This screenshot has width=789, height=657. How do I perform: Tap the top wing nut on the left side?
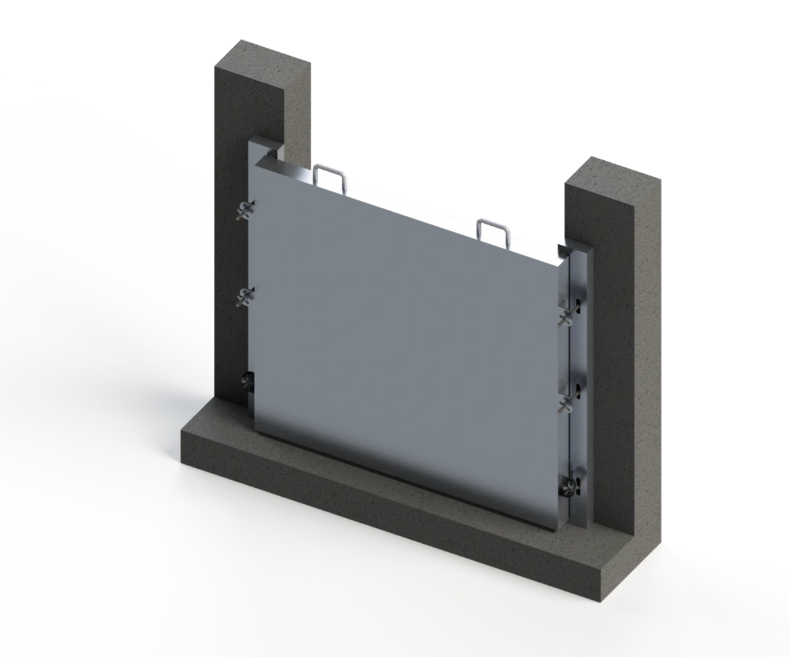[x=246, y=209]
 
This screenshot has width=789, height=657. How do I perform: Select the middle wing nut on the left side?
[x=246, y=295]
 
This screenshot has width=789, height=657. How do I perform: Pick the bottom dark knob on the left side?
[x=246, y=380]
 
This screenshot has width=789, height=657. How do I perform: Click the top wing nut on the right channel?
[x=566, y=317]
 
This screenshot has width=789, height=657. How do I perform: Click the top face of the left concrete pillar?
[x=262, y=62]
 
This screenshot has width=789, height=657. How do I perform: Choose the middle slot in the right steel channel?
[x=578, y=389]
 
